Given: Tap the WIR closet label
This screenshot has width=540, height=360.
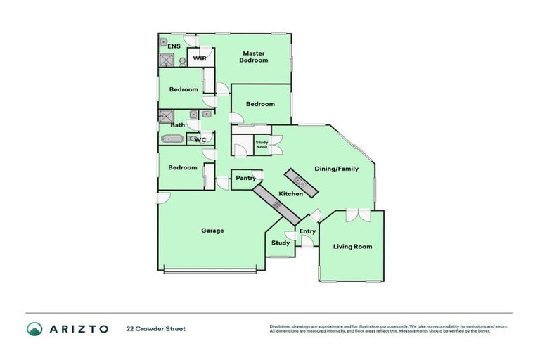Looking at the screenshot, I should (x=199, y=58).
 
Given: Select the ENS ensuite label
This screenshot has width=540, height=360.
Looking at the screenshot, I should (x=174, y=46).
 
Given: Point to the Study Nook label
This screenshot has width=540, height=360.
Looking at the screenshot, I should (x=262, y=145).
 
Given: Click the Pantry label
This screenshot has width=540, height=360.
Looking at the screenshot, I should (x=245, y=179).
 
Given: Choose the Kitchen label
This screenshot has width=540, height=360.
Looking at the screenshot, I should (x=291, y=194).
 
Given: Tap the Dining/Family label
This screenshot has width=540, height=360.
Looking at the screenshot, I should (x=336, y=169).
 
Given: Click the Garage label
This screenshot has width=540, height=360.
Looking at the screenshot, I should (x=212, y=231).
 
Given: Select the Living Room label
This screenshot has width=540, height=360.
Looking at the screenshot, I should (x=352, y=247).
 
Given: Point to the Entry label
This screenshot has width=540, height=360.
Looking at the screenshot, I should (x=307, y=231).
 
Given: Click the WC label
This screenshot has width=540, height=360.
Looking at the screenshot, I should (x=200, y=140).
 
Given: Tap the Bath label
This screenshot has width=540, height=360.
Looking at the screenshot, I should (x=178, y=126).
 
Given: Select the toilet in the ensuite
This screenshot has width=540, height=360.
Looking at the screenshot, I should (x=182, y=62).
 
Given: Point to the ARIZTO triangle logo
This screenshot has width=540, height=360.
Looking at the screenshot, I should (x=34, y=329).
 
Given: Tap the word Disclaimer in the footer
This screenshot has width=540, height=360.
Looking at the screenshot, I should (x=282, y=326).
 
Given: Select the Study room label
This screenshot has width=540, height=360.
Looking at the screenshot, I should (x=281, y=243).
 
